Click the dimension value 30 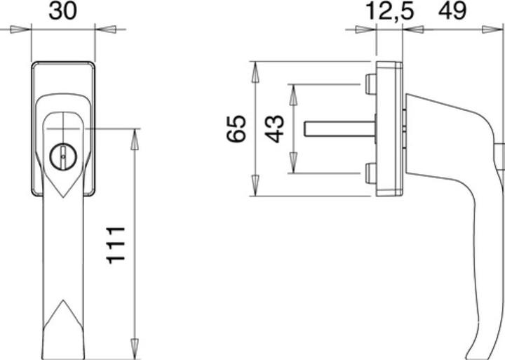(x=63, y=11)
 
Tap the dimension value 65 (x=238, y=128)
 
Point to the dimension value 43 (x=276, y=128)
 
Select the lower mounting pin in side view (x=370, y=173)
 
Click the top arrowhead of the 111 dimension (x=133, y=135)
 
